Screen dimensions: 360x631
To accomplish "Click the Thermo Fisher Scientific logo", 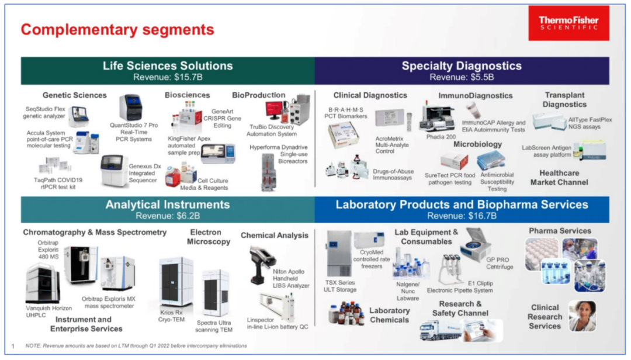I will click(568, 23).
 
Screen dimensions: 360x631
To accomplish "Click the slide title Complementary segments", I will click(117, 29).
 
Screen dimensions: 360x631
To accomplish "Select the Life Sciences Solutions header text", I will click(168, 66).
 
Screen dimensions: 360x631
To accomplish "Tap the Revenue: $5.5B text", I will click(462, 77).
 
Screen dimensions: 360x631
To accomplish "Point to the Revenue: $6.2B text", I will click(168, 216).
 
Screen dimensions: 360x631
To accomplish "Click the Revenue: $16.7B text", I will click(462, 216).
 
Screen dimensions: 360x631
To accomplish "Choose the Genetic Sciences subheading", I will click(75, 95).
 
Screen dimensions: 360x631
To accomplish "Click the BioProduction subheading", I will click(258, 95).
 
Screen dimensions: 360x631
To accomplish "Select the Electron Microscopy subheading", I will click(209, 237).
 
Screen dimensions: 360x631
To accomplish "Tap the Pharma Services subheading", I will click(560, 231).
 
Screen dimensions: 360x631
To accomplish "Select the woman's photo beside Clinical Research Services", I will click(582, 316).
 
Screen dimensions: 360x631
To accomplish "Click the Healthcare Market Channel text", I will click(559, 178).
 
